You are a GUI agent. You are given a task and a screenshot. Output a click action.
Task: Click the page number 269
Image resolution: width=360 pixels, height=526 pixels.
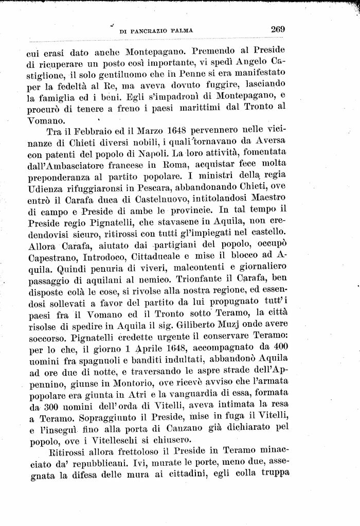tap(278, 29)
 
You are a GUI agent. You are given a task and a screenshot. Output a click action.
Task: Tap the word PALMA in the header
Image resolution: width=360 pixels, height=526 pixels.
tap(181, 31)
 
